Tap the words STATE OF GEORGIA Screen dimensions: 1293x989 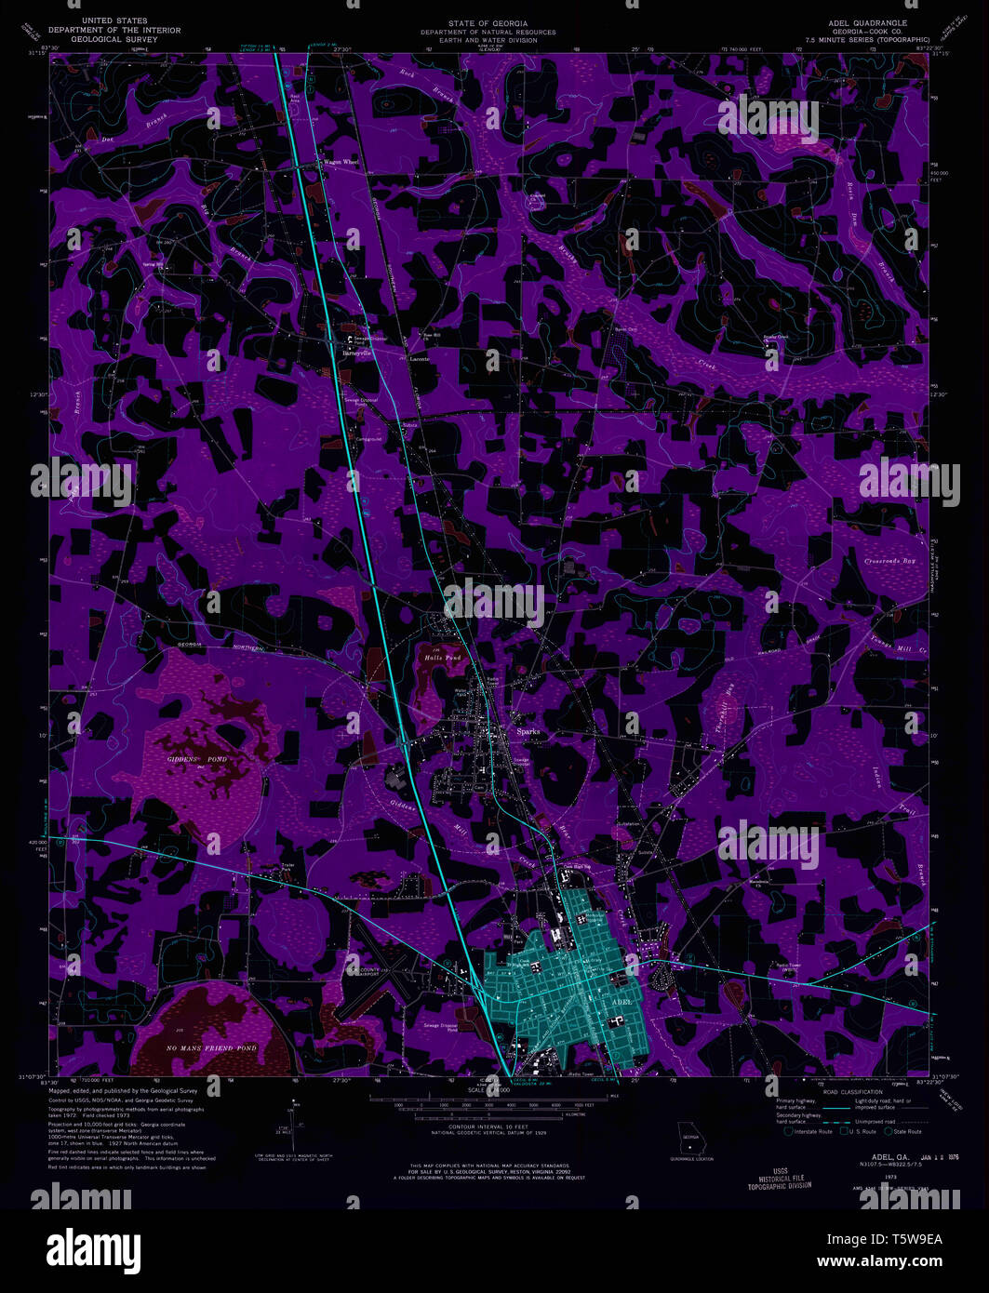tap(488, 22)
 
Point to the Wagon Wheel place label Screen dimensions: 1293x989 tap(340, 162)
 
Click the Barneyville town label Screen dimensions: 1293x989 tap(356, 353)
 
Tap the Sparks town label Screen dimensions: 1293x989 tap(528, 731)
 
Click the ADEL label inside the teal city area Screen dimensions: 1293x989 tap(622, 1001)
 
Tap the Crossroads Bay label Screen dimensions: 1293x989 tap(890, 562)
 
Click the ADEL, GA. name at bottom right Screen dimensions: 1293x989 tap(874, 1157)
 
